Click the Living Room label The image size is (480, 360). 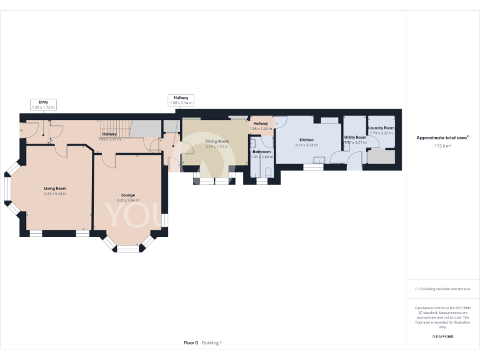pos(55,188)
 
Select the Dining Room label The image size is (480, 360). pos(217,141)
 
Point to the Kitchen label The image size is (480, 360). pos(306,139)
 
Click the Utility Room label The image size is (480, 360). pos(355,137)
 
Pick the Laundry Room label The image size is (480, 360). pos(381,127)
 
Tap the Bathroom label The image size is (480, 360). pos(261,152)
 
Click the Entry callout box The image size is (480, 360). pos(43,104)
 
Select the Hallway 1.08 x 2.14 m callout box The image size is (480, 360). pos(181,101)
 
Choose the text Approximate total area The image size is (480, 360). pos(441,137)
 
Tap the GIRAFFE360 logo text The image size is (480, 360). pos(442,337)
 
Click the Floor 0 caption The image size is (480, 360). pos(191,342)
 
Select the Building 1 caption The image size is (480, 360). pos(211,342)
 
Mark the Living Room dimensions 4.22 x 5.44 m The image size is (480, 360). pos(55,194)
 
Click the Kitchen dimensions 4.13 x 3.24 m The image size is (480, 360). pos(306,145)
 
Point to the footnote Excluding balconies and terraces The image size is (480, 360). pos(442,289)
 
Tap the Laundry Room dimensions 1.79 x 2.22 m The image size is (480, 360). pos(381,133)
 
